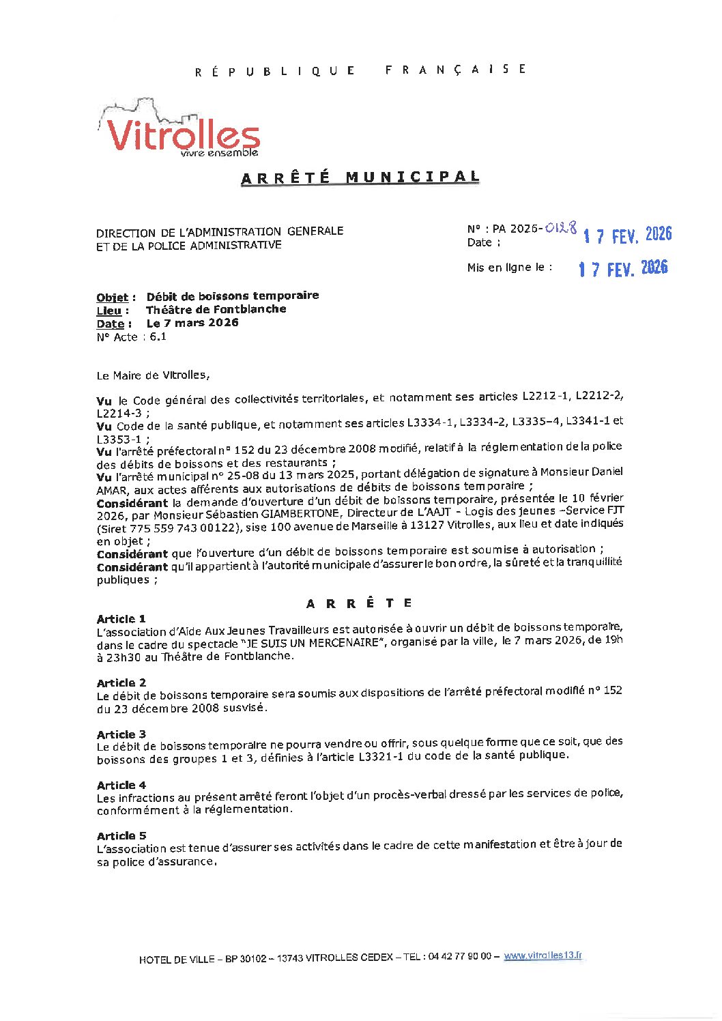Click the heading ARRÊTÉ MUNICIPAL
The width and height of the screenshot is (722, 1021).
[x=360, y=177]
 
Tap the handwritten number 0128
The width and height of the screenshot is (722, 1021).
[x=561, y=228]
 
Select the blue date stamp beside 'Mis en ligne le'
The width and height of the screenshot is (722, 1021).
[x=623, y=268]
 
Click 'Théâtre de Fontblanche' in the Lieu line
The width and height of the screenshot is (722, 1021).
[x=216, y=309]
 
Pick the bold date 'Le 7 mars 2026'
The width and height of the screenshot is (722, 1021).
[x=192, y=323]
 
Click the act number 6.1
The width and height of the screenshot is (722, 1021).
[x=158, y=336]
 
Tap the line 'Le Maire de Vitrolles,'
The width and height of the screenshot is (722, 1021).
[x=154, y=375]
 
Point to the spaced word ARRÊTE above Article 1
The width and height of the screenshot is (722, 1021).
[x=360, y=603]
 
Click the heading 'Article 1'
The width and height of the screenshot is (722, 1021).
[x=121, y=619]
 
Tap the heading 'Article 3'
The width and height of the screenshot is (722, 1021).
[x=121, y=734]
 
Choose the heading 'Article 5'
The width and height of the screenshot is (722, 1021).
[x=121, y=835]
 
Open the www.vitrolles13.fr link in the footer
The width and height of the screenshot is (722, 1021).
[x=543, y=956]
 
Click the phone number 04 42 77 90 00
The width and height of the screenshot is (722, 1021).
[x=459, y=957]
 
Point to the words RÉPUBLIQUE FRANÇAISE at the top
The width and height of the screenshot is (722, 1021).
[x=360, y=70]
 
